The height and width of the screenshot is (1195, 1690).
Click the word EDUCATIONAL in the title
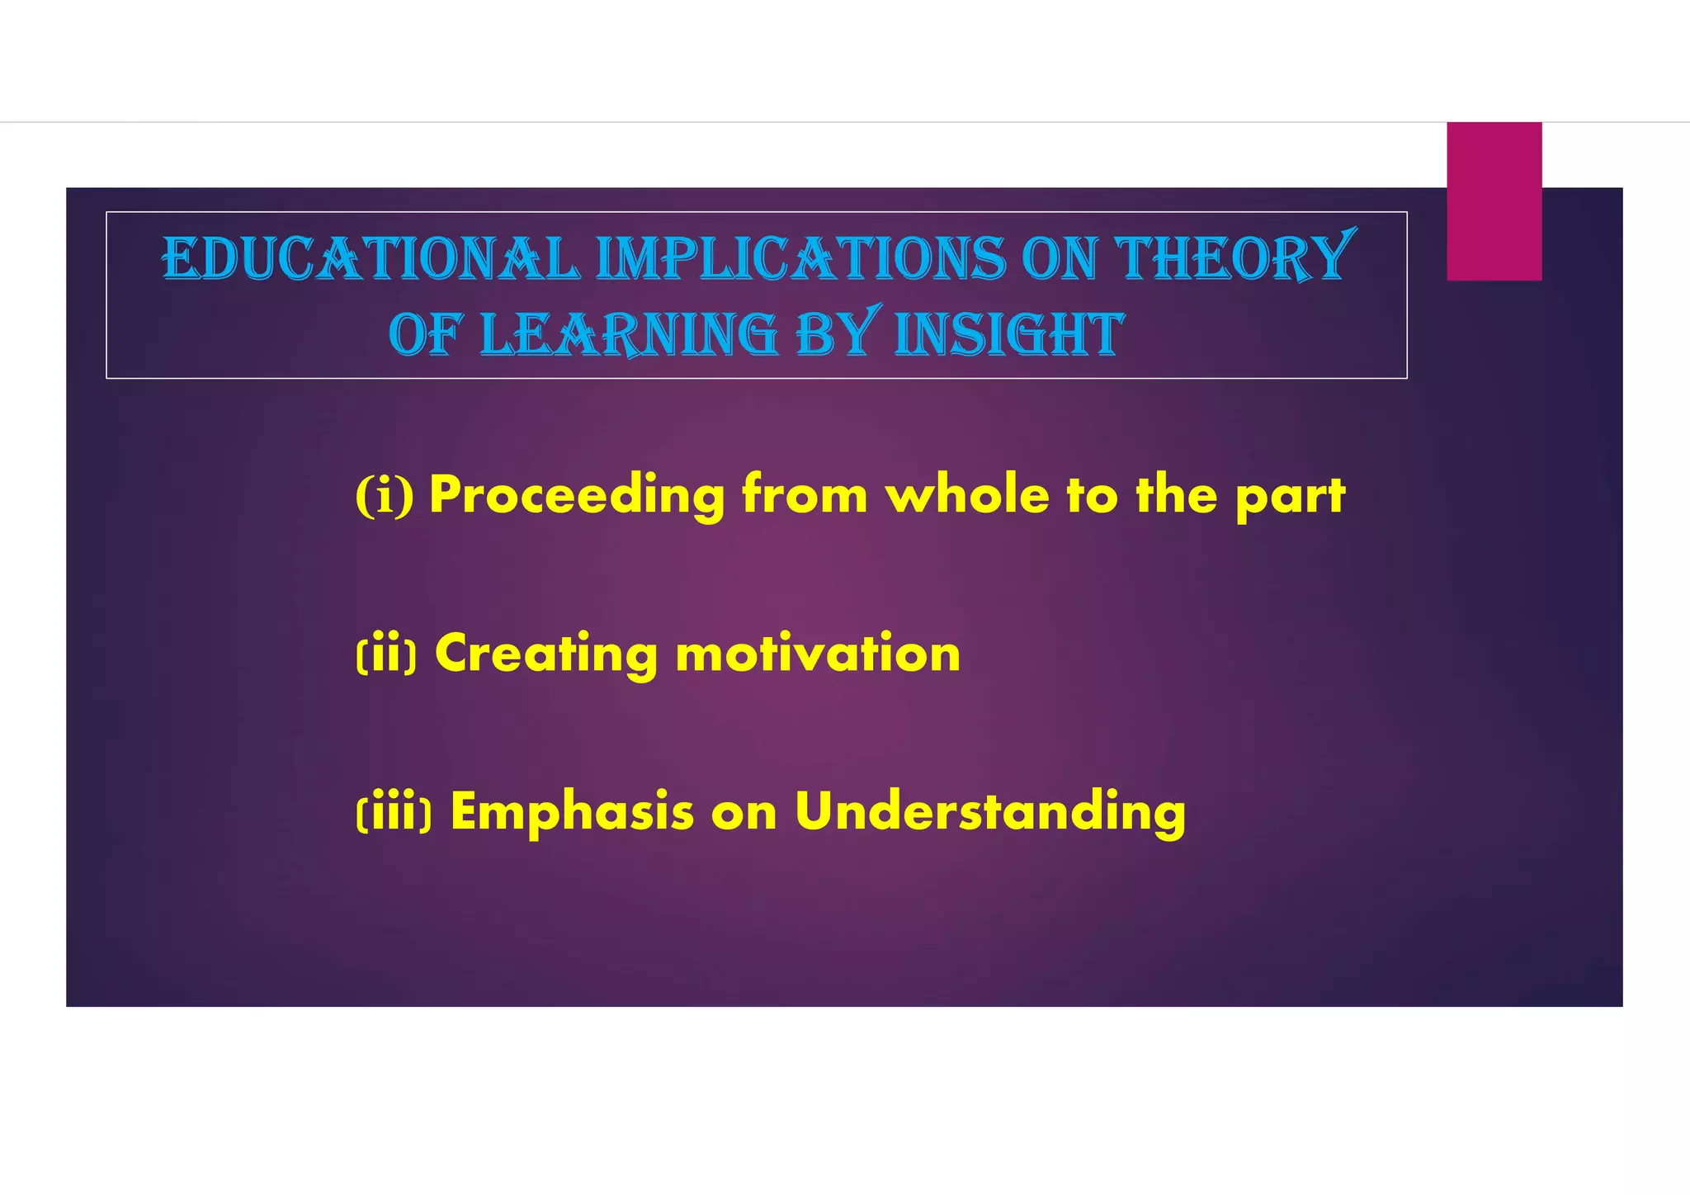point(371,259)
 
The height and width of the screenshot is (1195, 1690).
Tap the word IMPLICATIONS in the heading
point(801,259)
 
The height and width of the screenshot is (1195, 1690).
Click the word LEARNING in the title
point(629,335)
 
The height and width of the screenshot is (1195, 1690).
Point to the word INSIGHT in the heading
point(1008,335)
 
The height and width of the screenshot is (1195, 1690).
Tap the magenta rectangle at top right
point(1494,201)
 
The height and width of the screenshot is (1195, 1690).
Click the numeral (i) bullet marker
point(385,495)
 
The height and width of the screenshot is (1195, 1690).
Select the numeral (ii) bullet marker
point(386,654)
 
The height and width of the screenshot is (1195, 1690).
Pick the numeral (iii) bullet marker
point(394,813)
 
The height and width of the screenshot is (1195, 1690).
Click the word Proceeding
point(577,496)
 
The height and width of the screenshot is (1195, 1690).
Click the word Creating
point(545,654)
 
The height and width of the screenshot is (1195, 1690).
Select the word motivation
point(818,654)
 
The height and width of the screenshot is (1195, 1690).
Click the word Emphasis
point(572,813)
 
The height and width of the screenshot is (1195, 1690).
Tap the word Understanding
point(990,813)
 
